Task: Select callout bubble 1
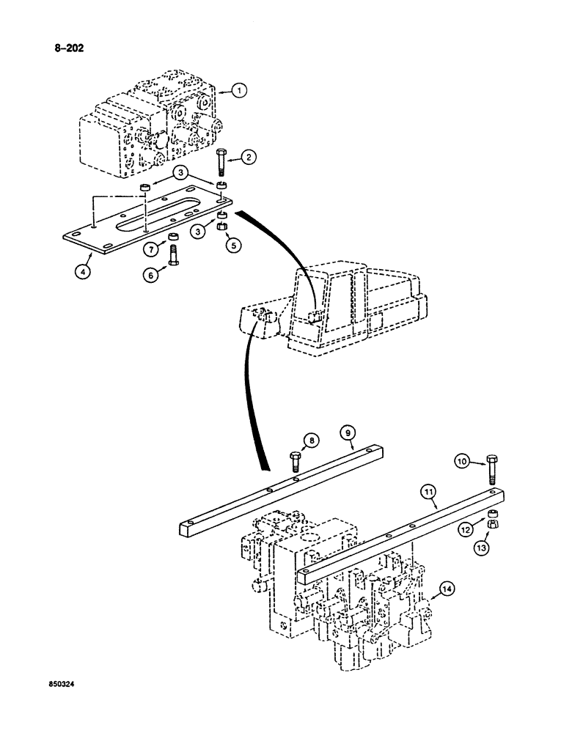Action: pyautogui.click(x=240, y=91)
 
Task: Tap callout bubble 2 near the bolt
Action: pyautogui.click(x=249, y=156)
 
